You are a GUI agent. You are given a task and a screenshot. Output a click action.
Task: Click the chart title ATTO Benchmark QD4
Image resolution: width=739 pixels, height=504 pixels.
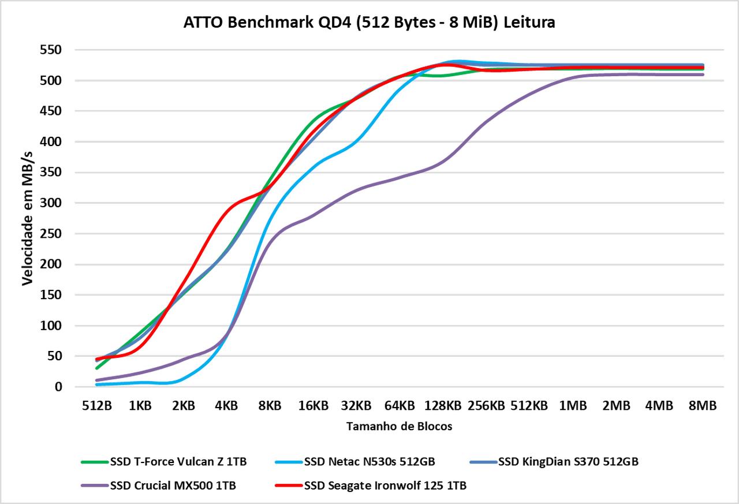[x=369, y=23]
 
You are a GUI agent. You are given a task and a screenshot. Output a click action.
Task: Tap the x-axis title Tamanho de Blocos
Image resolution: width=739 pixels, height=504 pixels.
[x=400, y=427]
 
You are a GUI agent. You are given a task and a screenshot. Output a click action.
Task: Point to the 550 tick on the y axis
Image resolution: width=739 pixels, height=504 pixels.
[x=51, y=50]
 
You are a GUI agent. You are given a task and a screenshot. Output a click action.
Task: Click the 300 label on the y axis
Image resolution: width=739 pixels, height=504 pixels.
[x=51, y=203]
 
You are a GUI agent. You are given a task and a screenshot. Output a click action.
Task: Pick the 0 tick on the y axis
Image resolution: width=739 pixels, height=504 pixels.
[x=58, y=387]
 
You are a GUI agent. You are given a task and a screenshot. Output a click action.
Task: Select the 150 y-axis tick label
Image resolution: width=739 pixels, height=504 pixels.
[x=51, y=295]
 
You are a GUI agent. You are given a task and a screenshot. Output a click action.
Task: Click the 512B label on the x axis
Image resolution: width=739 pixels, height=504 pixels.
[x=96, y=406]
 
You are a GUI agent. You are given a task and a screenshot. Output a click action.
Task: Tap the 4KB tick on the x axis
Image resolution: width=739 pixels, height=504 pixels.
[x=226, y=406]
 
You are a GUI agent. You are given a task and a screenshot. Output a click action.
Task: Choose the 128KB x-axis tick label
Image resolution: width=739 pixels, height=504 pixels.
[x=443, y=406]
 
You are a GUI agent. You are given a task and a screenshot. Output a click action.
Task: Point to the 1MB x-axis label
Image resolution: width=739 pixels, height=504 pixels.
[x=573, y=406]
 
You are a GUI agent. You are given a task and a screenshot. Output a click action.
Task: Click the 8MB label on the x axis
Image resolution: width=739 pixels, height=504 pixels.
[x=702, y=406]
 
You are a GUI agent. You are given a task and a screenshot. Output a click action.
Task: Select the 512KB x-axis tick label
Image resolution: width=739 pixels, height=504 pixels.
[x=529, y=406]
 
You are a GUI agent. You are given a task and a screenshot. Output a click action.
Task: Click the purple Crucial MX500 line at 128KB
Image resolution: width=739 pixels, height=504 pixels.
[x=443, y=162]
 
